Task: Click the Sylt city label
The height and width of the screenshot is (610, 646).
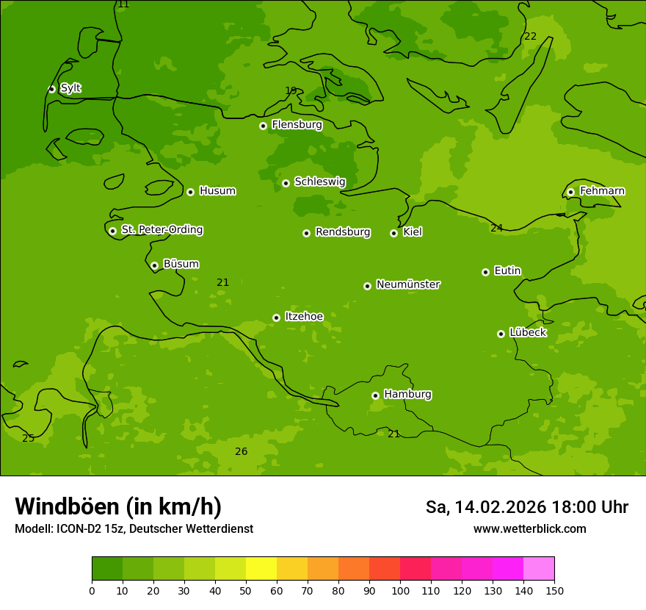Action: click(x=70, y=88)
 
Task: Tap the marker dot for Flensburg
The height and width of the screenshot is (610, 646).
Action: click(x=263, y=126)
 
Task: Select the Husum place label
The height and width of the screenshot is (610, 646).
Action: click(x=217, y=191)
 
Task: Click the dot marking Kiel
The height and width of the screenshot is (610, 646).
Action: click(x=393, y=233)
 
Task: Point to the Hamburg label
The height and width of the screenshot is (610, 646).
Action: click(x=407, y=395)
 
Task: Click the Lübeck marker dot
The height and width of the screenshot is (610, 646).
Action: click(x=501, y=334)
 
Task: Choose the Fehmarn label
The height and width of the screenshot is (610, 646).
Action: click(x=602, y=191)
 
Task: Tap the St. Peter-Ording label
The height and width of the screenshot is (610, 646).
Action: click(x=161, y=230)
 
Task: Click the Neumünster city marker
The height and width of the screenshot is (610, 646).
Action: click(x=367, y=286)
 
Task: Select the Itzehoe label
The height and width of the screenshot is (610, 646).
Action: click(x=304, y=317)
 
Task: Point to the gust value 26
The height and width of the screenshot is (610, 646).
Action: click(x=241, y=451)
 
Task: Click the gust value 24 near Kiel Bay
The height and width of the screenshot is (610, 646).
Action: click(x=496, y=228)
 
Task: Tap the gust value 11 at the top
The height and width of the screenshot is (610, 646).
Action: click(x=123, y=4)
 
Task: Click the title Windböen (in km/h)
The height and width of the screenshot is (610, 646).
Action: click(x=118, y=506)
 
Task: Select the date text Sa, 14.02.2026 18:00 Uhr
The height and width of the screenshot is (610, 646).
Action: click(x=526, y=507)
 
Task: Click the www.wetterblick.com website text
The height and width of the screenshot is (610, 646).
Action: click(x=529, y=528)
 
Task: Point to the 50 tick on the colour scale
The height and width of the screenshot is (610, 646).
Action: click(x=246, y=590)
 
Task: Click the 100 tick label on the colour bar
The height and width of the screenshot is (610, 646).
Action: click(x=400, y=590)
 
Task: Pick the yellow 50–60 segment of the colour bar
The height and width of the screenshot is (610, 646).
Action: click(x=261, y=569)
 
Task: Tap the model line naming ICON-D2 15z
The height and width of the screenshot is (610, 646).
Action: click(x=134, y=528)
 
